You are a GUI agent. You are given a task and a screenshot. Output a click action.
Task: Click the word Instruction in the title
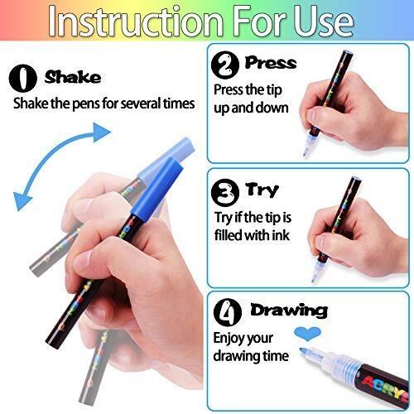coord(135,21)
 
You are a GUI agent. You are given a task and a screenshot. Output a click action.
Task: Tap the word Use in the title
coord(324,21)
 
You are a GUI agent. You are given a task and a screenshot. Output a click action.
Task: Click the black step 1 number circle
coord(23,78)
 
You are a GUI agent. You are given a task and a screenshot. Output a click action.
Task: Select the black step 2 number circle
coord(225,65)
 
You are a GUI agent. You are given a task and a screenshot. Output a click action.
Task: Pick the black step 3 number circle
coord(225,193)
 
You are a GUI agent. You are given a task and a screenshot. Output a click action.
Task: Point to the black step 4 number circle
coord(228,312)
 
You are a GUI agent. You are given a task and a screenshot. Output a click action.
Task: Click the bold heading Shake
coord(73,77)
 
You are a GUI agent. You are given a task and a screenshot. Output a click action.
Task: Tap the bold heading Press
coord(271,62)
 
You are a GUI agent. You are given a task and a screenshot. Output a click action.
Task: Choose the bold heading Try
coord(262,190)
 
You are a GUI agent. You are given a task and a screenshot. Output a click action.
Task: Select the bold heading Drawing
coord(289,310)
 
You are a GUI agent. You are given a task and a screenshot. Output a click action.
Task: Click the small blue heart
coord(307,333)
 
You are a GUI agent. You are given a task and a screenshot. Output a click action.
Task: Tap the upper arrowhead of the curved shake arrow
coord(102,132)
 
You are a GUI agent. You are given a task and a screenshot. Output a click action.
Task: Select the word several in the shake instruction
coord(141,103)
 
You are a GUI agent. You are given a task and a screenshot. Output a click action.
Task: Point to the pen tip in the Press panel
coord(306,151)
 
